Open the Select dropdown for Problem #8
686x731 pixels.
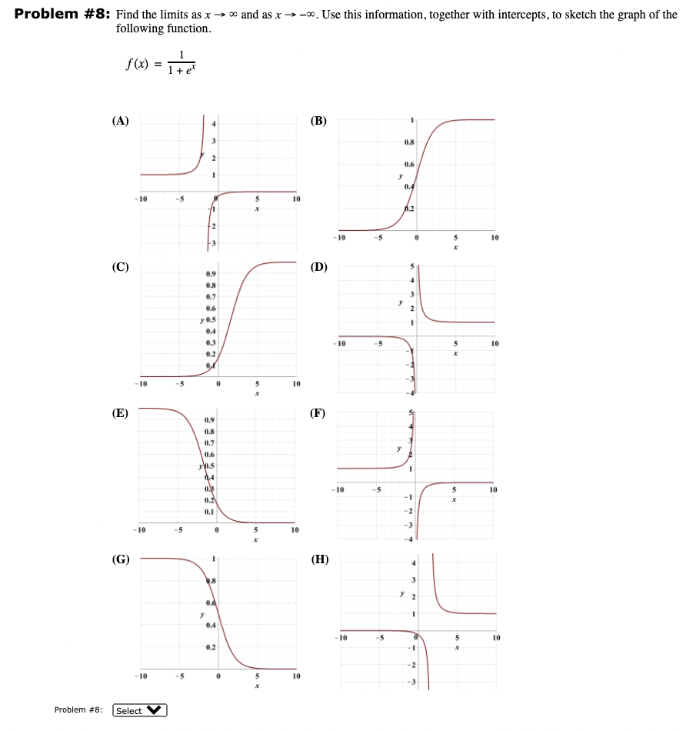click(x=140, y=710)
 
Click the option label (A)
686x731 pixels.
click(x=120, y=121)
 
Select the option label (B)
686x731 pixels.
click(x=318, y=121)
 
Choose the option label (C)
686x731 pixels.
click(x=120, y=267)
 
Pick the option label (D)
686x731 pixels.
click(x=318, y=267)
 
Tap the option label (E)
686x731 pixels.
click(x=120, y=413)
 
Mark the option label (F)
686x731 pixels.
click(x=318, y=413)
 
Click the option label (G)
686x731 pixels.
click(x=120, y=559)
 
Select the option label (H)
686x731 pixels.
click(x=318, y=559)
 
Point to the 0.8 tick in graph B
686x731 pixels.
click(x=409, y=142)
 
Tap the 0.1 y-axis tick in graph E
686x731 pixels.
click(x=210, y=512)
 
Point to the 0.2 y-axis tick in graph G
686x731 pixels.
click(x=211, y=647)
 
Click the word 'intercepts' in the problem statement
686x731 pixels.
click(x=424, y=15)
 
